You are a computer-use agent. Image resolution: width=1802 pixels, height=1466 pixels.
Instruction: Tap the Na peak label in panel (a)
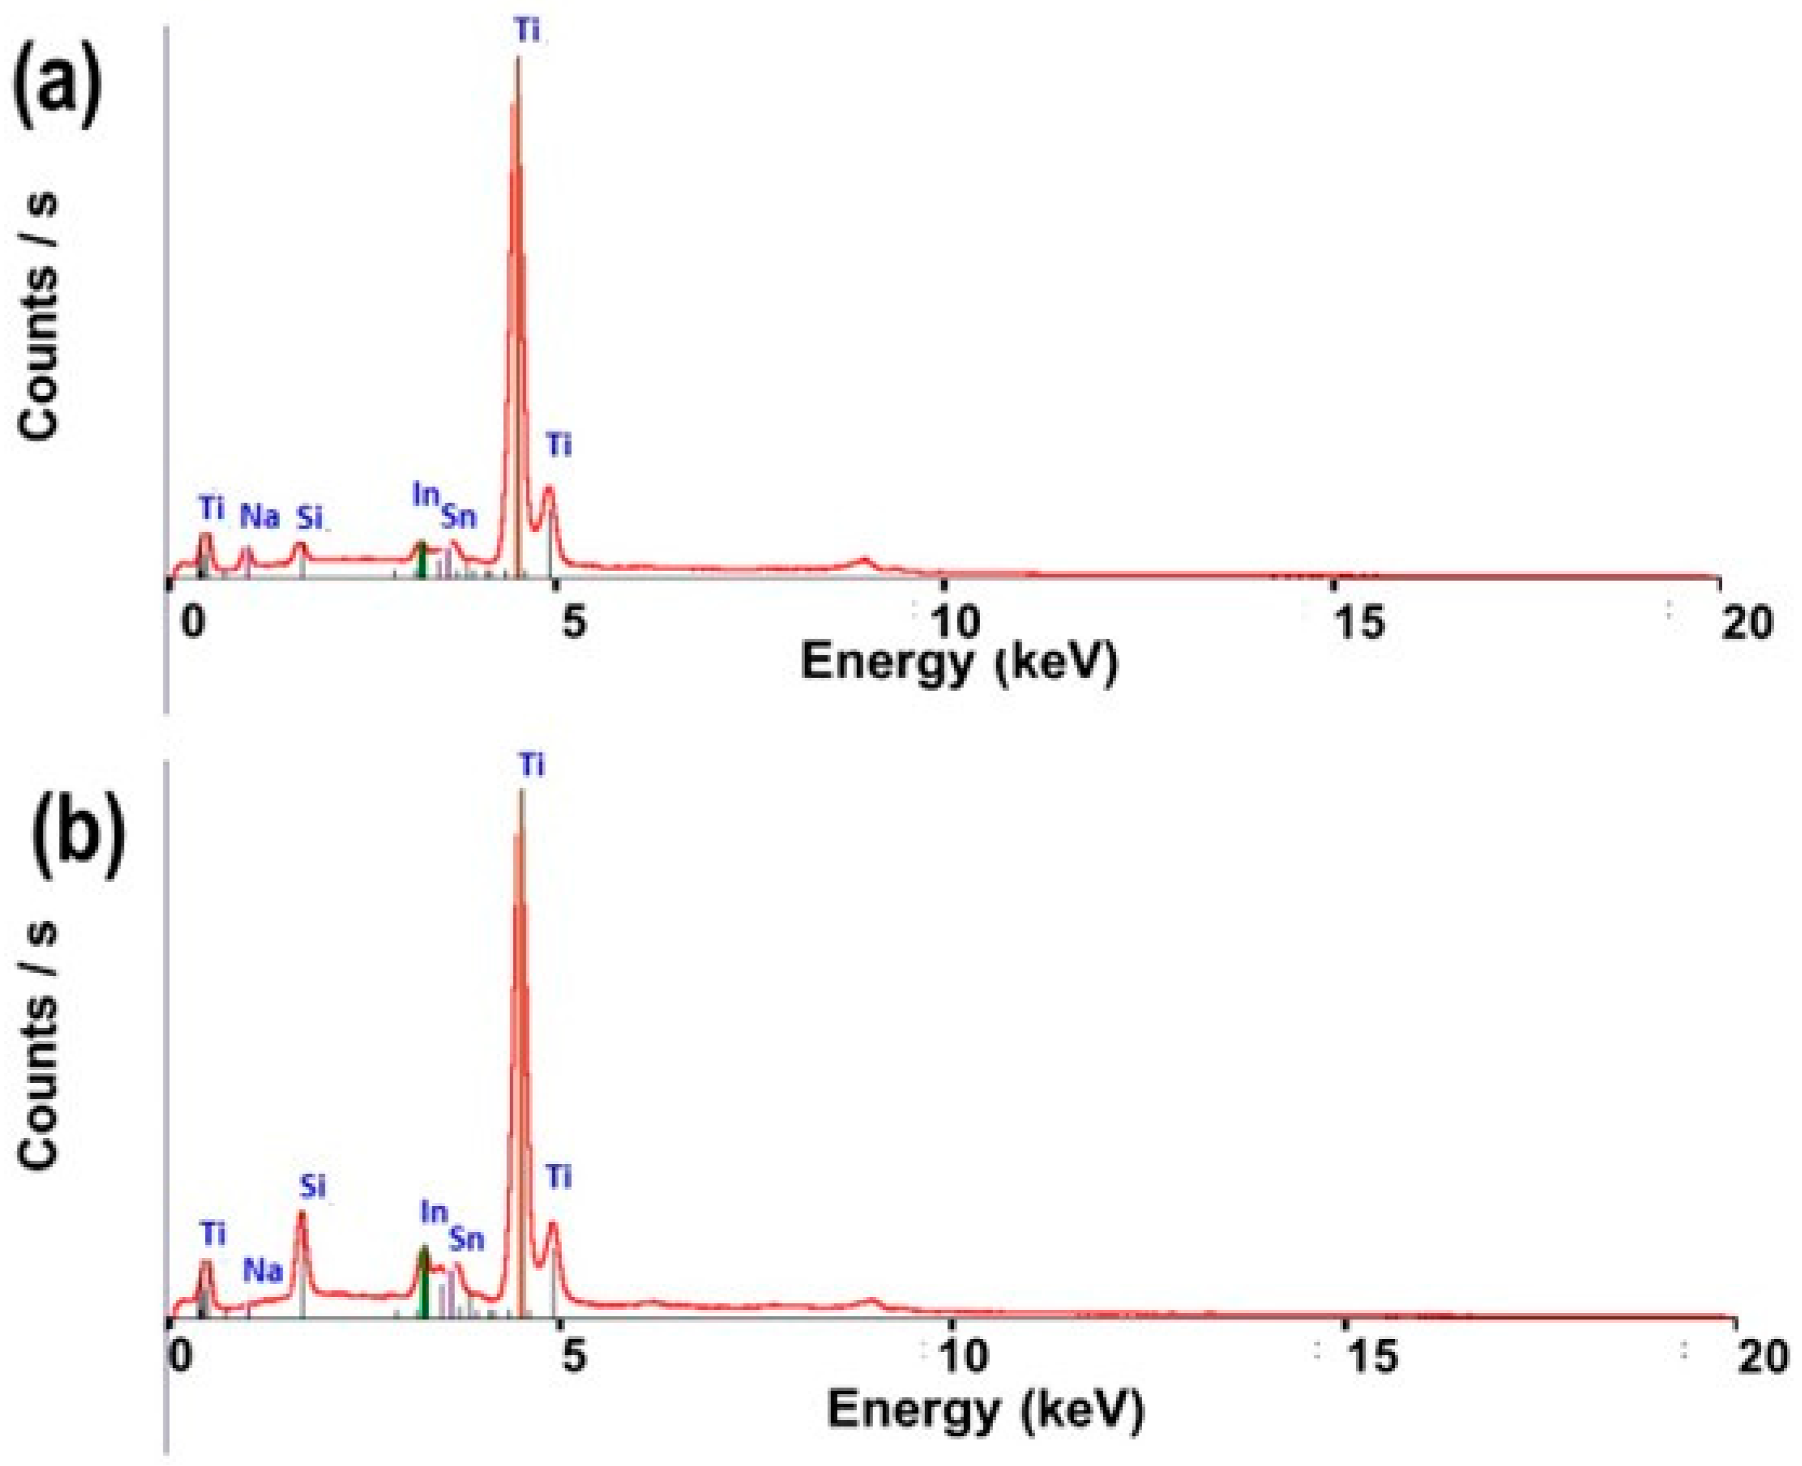(x=259, y=516)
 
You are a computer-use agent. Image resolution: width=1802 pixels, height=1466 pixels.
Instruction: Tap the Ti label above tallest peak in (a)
(x=527, y=31)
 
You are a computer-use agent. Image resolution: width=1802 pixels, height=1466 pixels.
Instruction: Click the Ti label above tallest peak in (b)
(x=531, y=765)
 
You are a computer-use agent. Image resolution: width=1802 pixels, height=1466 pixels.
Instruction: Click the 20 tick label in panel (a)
(x=1744, y=624)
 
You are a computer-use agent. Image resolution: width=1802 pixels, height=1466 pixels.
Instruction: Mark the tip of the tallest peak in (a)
(x=518, y=58)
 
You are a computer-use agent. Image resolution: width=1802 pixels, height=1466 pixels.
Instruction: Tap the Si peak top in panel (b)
(x=301, y=1213)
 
